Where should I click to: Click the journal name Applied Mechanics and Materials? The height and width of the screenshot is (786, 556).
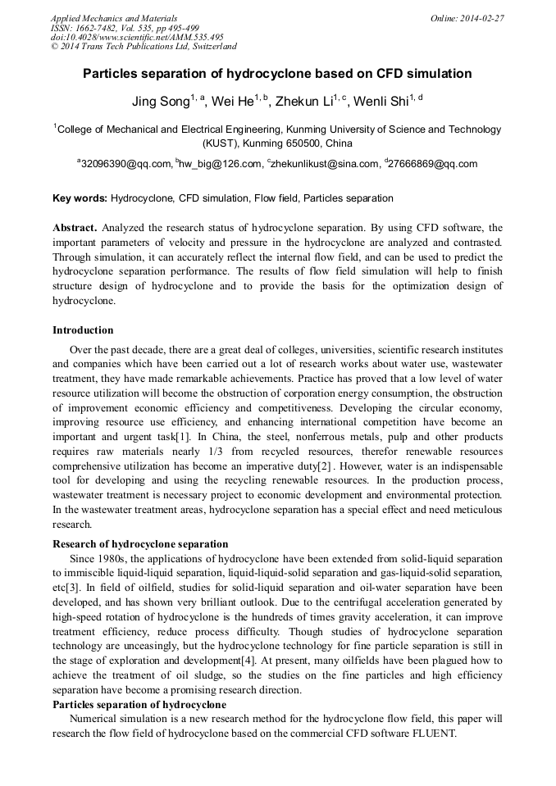click(114, 17)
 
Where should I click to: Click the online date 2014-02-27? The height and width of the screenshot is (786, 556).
click(482, 17)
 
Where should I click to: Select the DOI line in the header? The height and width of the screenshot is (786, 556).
click(137, 37)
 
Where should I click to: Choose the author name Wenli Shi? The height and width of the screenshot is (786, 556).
click(385, 102)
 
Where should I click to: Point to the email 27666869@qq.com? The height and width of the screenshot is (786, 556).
click(433, 164)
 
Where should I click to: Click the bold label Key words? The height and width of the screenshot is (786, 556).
click(80, 198)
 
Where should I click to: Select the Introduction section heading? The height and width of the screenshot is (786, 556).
click(83, 330)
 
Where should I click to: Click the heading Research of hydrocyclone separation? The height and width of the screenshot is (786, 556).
click(140, 543)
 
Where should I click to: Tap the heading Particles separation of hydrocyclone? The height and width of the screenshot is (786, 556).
click(139, 705)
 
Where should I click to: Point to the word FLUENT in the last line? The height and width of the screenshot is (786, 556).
click(430, 734)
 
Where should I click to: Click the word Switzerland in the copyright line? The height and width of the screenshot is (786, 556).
click(211, 47)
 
